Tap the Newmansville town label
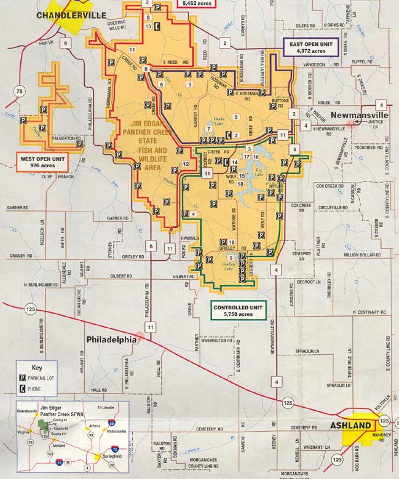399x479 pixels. (360, 115)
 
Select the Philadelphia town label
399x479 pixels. (111, 339)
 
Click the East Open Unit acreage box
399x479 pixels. (313, 49)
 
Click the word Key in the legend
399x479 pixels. (38, 368)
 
